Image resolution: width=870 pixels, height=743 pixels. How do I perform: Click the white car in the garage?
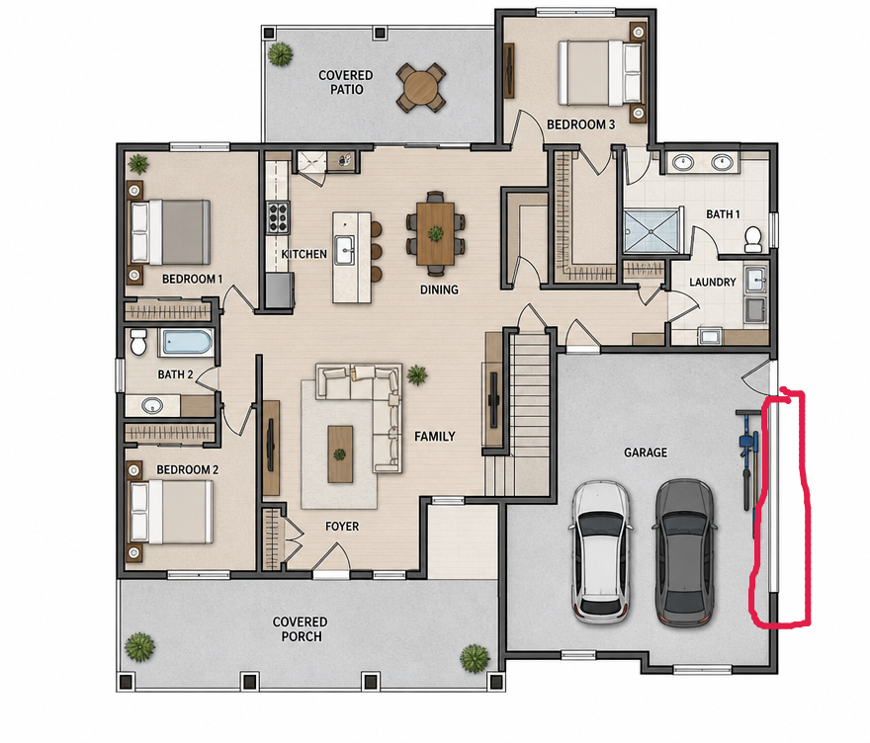[x=600, y=551]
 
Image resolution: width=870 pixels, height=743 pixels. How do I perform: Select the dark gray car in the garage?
[x=684, y=551]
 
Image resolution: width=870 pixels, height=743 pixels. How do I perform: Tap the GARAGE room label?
[x=646, y=453]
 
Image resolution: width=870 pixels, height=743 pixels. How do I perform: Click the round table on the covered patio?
[x=420, y=88]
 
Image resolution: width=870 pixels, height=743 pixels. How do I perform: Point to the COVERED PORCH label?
[x=301, y=629]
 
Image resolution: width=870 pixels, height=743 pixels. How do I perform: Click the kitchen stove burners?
[x=278, y=217]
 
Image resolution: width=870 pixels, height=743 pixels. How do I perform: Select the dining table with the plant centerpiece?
[x=436, y=233]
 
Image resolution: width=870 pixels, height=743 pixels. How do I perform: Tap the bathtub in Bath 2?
[x=187, y=342]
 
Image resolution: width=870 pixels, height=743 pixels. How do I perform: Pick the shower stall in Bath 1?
[x=652, y=230]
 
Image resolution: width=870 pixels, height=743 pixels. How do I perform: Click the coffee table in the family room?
[x=340, y=454]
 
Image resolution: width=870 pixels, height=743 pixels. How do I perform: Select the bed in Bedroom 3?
[x=600, y=73]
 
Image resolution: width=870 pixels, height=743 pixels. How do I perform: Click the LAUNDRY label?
[x=713, y=283]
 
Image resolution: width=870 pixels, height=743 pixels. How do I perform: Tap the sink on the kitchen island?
[x=345, y=250]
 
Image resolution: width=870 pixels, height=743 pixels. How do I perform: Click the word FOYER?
[x=342, y=527]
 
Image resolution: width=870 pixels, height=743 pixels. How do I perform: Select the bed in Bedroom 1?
[x=170, y=232]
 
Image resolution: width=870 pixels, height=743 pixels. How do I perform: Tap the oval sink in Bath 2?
[x=152, y=406]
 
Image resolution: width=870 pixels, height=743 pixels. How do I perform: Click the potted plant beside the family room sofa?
[x=416, y=375]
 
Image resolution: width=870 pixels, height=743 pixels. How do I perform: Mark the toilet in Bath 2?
[x=138, y=342]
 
